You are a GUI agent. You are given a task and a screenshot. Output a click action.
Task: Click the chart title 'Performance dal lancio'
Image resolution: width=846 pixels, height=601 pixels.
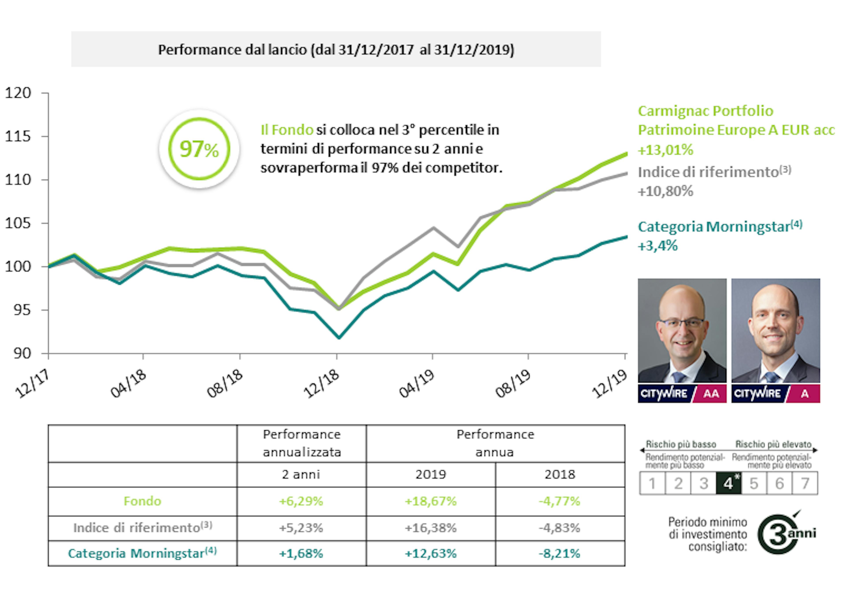click(336, 50)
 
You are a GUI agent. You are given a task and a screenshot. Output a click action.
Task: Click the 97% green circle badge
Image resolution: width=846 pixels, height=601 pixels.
click(199, 149)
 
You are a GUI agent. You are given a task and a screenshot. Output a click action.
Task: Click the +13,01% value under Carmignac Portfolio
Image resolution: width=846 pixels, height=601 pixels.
click(665, 150)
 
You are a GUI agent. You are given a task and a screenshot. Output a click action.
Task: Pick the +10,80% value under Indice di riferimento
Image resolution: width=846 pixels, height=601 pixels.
click(665, 191)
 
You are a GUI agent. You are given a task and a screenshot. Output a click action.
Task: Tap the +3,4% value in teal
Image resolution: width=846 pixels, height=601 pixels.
click(658, 246)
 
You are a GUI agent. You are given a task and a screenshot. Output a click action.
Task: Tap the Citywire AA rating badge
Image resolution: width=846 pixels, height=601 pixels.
click(682, 393)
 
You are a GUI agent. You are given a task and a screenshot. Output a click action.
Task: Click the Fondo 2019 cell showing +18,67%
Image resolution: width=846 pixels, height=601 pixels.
click(430, 501)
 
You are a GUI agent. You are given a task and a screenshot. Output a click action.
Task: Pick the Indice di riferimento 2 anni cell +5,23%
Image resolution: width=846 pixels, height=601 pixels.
click(301, 527)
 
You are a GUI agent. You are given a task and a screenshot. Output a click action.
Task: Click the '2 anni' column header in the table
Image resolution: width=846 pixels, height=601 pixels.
click(301, 475)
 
